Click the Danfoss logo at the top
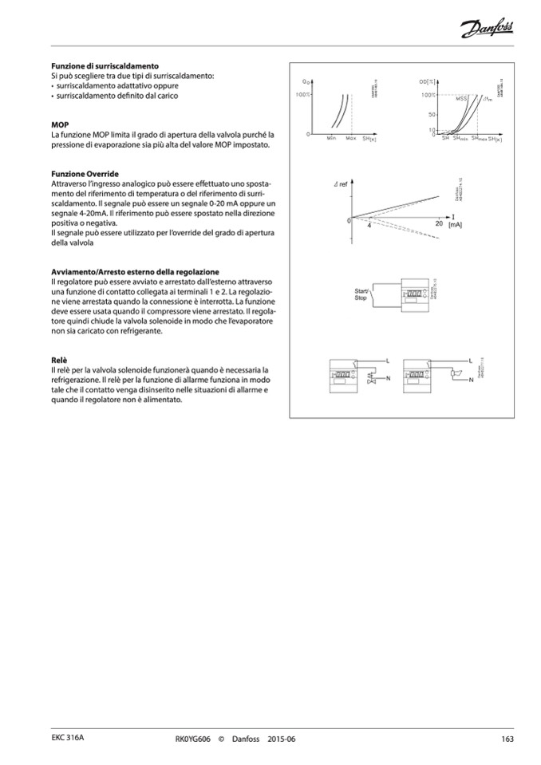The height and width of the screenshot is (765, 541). click(487, 30)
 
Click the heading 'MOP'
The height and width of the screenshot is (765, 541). click(59, 125)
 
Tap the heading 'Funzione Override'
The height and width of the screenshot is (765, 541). click(85, 173)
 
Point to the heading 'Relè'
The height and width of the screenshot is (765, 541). click(58, 361)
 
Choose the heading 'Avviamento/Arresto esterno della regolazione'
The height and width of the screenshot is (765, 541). click(134, 272)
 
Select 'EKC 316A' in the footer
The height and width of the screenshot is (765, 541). click(67, 739)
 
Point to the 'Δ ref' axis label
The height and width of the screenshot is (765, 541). click(341, 184)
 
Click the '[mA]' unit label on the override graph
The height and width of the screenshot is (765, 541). click(455, 226)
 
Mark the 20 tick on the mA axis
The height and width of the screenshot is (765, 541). click(439, 224)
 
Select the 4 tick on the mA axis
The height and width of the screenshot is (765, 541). click(369, 227)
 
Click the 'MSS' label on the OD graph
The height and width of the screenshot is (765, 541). click(460, 99)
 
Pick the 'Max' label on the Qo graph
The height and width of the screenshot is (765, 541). click(350, 139)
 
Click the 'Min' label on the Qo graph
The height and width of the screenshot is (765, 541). click(331, 139)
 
